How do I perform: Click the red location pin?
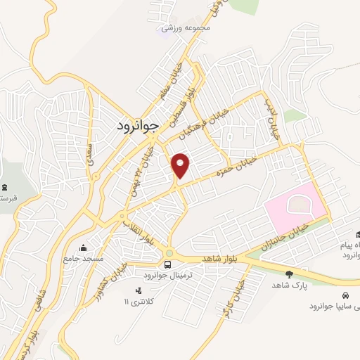coord(181,166)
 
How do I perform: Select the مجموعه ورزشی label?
coord(186,28)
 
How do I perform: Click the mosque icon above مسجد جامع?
coord(85,247)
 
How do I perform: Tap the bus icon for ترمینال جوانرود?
coord(167,264)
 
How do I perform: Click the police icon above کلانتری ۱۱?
coord(138,290)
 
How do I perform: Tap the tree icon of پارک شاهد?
coord(289,274)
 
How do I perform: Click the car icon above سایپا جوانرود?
coord(345,295)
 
